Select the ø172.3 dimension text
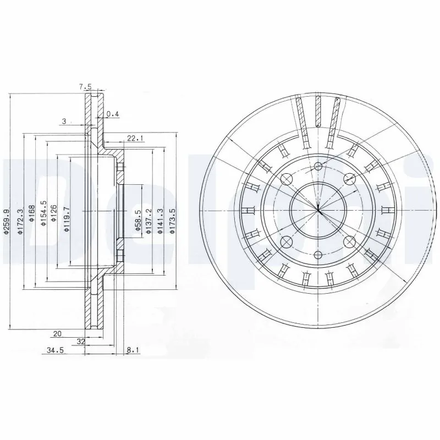point(20,222)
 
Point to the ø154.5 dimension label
point(43,213)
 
